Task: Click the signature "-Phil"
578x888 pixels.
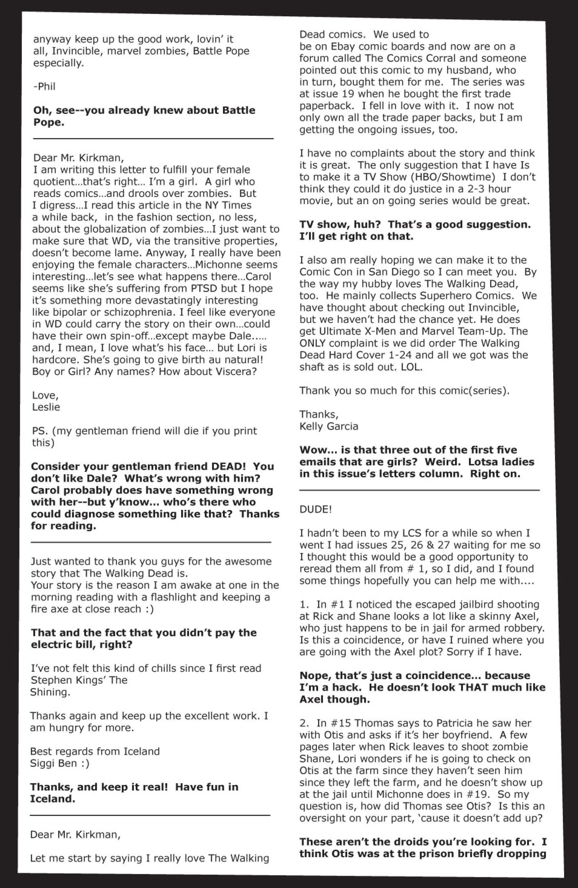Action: pos(44,87)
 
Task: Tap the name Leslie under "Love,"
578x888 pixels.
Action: pos(46,407)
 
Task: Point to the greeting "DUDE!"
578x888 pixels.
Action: pos(315,510)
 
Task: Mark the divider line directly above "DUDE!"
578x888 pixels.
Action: pos(420,490)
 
